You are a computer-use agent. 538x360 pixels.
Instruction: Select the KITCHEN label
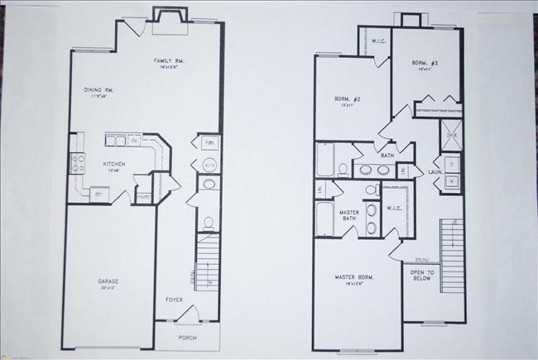(x=113, y=164)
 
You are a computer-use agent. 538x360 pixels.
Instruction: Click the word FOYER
(x=174, y=300)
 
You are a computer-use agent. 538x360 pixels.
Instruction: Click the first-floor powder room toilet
(x=209, y=222)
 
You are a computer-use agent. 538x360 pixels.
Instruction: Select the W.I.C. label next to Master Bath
(x=393, y=208)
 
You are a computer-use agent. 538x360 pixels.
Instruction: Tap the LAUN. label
(x=435, y=171)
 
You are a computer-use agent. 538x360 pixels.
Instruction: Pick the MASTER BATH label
(x=348, y=217)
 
